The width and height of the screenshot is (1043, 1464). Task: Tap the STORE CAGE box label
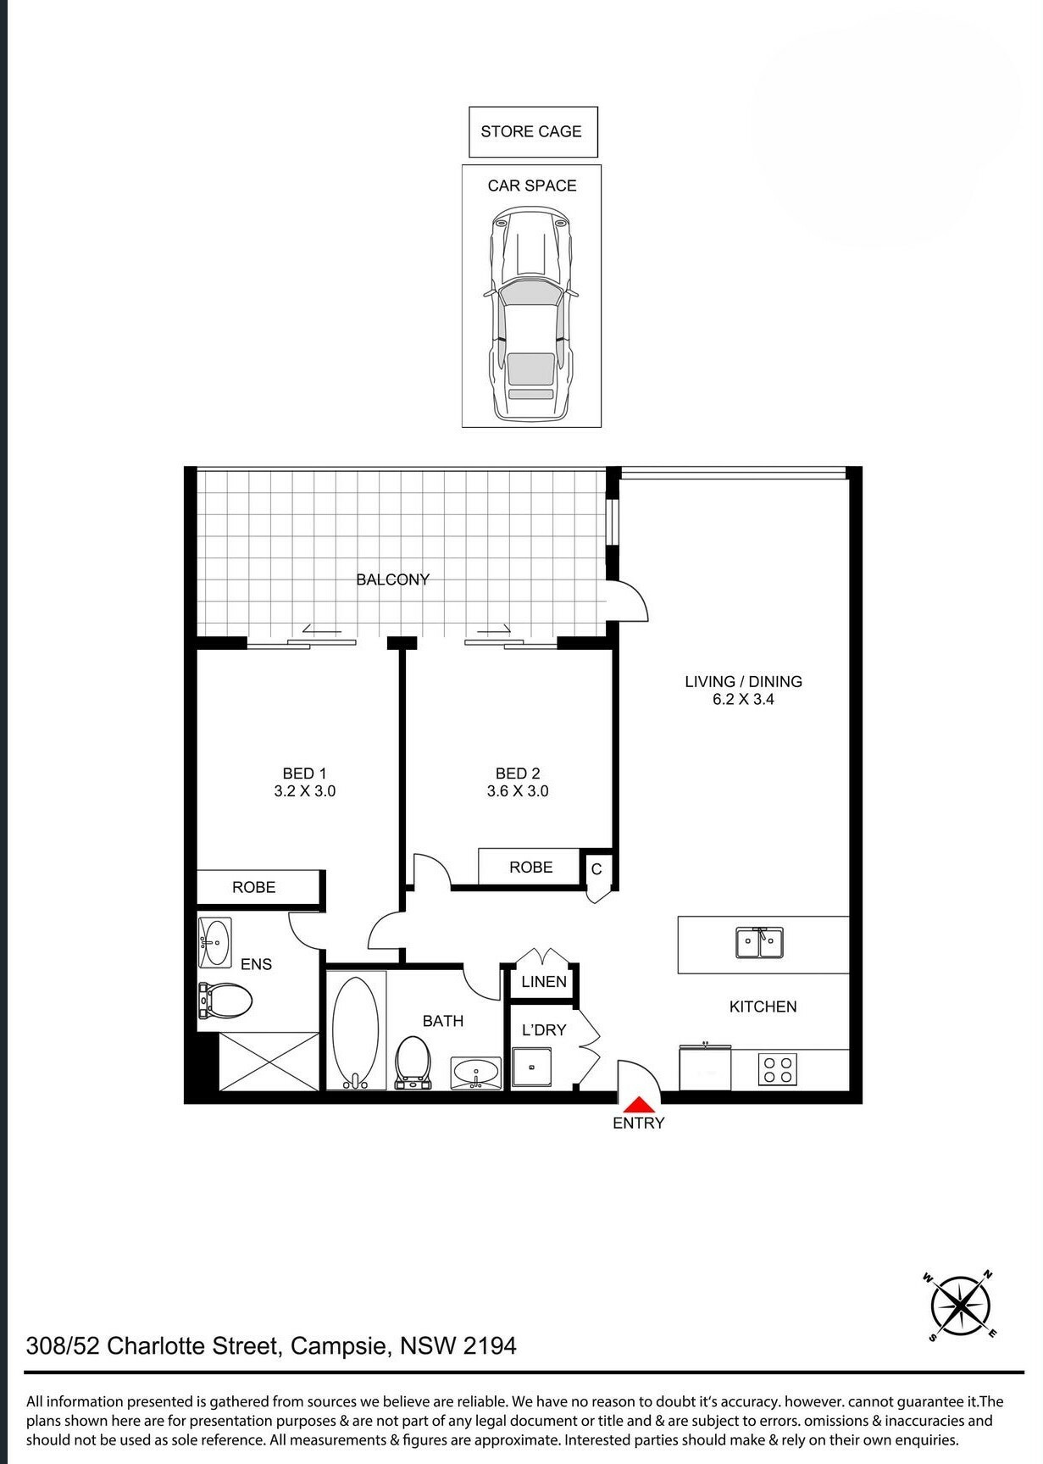pos(531,131)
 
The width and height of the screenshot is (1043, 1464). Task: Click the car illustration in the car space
pos(531,313)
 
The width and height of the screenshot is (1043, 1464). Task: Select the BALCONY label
pos(392,579)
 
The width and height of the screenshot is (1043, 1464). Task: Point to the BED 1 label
pos(304,774)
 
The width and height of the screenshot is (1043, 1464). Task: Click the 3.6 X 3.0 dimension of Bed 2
pos(518,791)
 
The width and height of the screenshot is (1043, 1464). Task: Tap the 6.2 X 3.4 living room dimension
pos(743,700)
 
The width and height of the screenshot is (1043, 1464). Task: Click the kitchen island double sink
pos(759,942)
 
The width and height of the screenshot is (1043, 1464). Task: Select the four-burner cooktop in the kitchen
pos(777,1070)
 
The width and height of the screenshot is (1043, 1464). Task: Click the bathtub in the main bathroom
pos(356,1031)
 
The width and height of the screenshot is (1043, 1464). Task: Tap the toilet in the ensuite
pos(225,1001)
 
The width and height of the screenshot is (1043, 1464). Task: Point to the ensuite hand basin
pos(214,942)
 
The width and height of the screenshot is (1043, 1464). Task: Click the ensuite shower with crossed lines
pos(269,1061)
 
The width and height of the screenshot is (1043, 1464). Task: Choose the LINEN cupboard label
pos(544,982)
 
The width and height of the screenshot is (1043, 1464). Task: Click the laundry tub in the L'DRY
pos(532,1068)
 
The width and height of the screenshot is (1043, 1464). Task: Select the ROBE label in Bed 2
pos(531,868)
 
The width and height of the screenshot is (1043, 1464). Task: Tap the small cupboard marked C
pos(597,869)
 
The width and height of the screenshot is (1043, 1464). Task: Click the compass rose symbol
pos(961,1306)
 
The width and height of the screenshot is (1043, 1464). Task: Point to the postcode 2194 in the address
pos(490,1345)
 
